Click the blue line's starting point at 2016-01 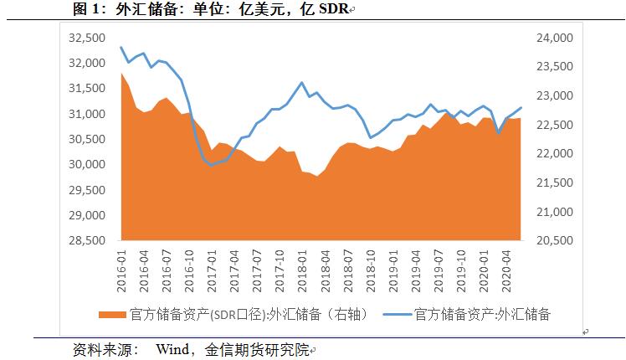pos(121,48)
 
